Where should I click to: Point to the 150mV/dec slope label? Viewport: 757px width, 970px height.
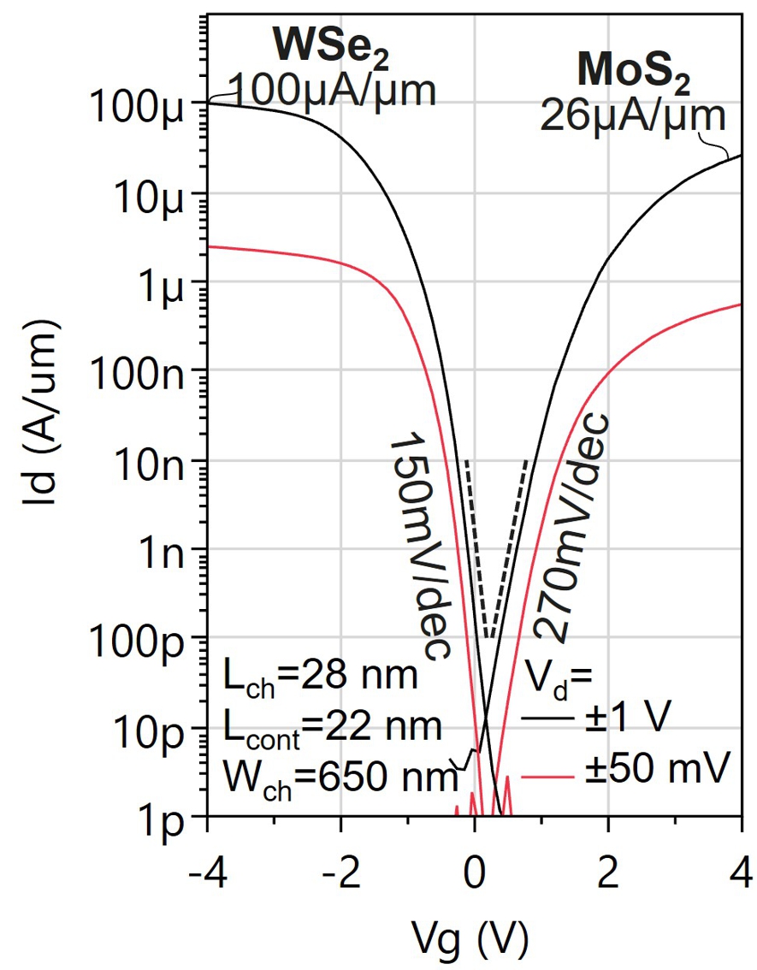pos(419,547)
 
